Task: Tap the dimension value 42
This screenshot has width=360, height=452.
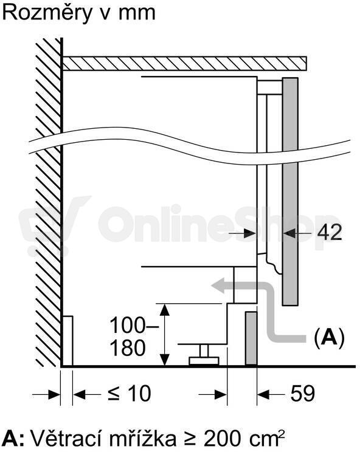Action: tap(330, 231)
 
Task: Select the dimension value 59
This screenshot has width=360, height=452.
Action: tap(303, 392)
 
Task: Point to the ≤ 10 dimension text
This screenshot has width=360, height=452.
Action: tap(130, 393)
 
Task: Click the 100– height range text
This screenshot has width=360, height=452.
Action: tap(134, 325)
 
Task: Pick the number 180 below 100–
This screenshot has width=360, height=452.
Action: tap(127, 348)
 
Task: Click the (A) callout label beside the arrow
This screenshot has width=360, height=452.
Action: tap(329, 337)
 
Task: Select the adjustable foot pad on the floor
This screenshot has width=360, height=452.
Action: tap(204, 361)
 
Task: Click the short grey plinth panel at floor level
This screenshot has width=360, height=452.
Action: tap(251, 338)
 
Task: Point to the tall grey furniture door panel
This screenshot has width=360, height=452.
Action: tap(290, 191)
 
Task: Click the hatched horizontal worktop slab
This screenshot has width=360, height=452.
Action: tap(185, 63)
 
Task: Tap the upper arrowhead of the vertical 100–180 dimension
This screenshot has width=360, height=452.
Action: tap(164, 310)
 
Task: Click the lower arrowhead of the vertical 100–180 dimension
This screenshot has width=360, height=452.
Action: tap(164, 360)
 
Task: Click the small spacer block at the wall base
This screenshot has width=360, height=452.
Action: tap(67, 341)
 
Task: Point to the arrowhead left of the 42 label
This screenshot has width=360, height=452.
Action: tap(249, 233)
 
